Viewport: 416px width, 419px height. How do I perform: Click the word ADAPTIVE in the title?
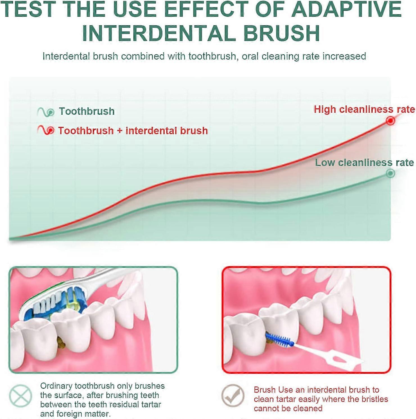[x=347, y=9]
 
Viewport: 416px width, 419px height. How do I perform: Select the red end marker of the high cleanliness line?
[x=390, y=121]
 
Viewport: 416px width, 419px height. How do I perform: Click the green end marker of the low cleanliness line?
[x=390, y=173]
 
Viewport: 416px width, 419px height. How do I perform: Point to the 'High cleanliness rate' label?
[x=364, y=109]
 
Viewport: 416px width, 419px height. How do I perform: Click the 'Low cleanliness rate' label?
[x=364, y=162]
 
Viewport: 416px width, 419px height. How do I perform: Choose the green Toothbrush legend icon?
[x=46, y=112]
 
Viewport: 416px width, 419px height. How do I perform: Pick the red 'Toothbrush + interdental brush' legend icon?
[x=46, y=130]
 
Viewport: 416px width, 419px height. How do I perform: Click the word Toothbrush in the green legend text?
[x=87, y=111]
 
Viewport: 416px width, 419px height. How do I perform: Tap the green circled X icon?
[x=20, y=396]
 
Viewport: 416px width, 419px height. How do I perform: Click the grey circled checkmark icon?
[x=232, y=395]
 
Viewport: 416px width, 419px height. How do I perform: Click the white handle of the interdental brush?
[x=329, y=355]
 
